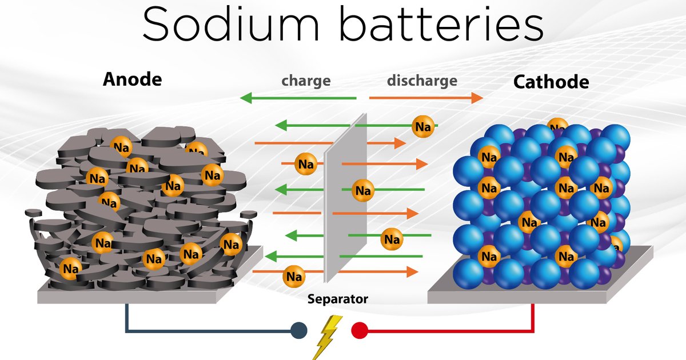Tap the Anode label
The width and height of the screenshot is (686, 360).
(x=132, y=79)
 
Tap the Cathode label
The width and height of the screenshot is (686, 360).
(x=551, y=82)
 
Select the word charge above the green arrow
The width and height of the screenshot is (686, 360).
(x=306, y=81)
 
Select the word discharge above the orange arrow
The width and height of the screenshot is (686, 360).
(x=422, y=81)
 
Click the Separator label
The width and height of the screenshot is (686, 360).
(x=337, y=298)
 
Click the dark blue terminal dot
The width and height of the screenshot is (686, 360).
(x=298, y=330)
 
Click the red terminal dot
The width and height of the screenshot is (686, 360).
(x=360, y=330)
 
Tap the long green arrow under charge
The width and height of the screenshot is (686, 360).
(x=297, y=98)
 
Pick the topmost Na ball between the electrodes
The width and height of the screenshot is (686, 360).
(x=423, y=127)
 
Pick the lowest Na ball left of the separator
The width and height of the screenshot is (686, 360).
(x=294, y=277)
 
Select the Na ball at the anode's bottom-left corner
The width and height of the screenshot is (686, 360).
(x=70, y=267)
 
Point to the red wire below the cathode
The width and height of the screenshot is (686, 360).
(x=533, y=320)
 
